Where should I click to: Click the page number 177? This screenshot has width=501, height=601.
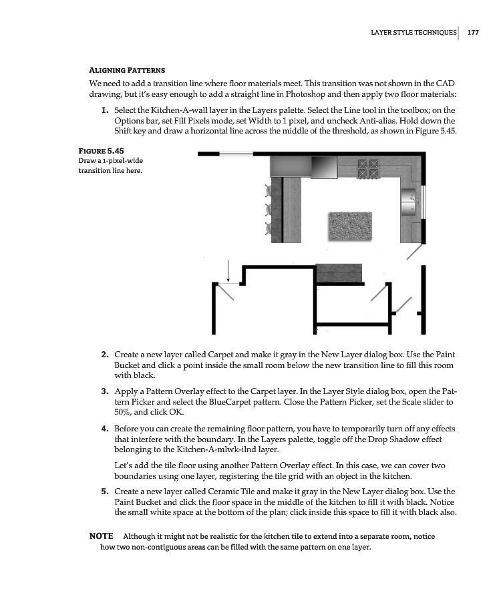point(472,32)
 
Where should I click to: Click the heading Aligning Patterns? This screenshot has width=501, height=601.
point(127,70)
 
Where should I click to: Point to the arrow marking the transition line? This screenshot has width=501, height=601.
point(228,270)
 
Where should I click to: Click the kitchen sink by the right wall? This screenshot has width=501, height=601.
point(408,198)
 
